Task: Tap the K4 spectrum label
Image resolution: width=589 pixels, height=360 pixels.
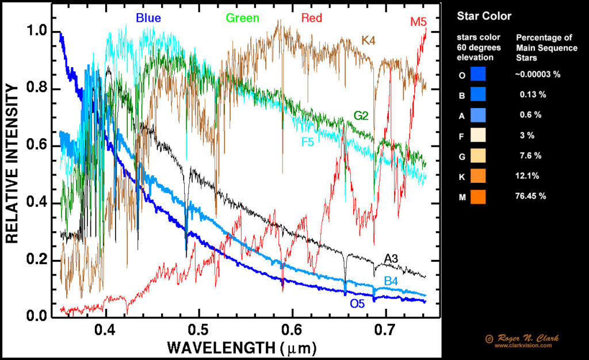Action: click(x=368, y=40)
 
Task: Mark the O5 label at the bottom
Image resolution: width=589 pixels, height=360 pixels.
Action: click(x=357, y=303)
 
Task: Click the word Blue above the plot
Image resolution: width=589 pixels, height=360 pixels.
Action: click(x=148, y=18)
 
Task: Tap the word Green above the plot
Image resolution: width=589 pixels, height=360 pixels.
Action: click(x=242, y=18)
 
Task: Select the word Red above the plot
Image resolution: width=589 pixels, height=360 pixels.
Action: click(x=312, y=18)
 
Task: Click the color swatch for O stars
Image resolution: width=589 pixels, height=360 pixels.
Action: click(x=478, y=74)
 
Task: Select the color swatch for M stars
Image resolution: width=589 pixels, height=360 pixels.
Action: click(x=478, y=197)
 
